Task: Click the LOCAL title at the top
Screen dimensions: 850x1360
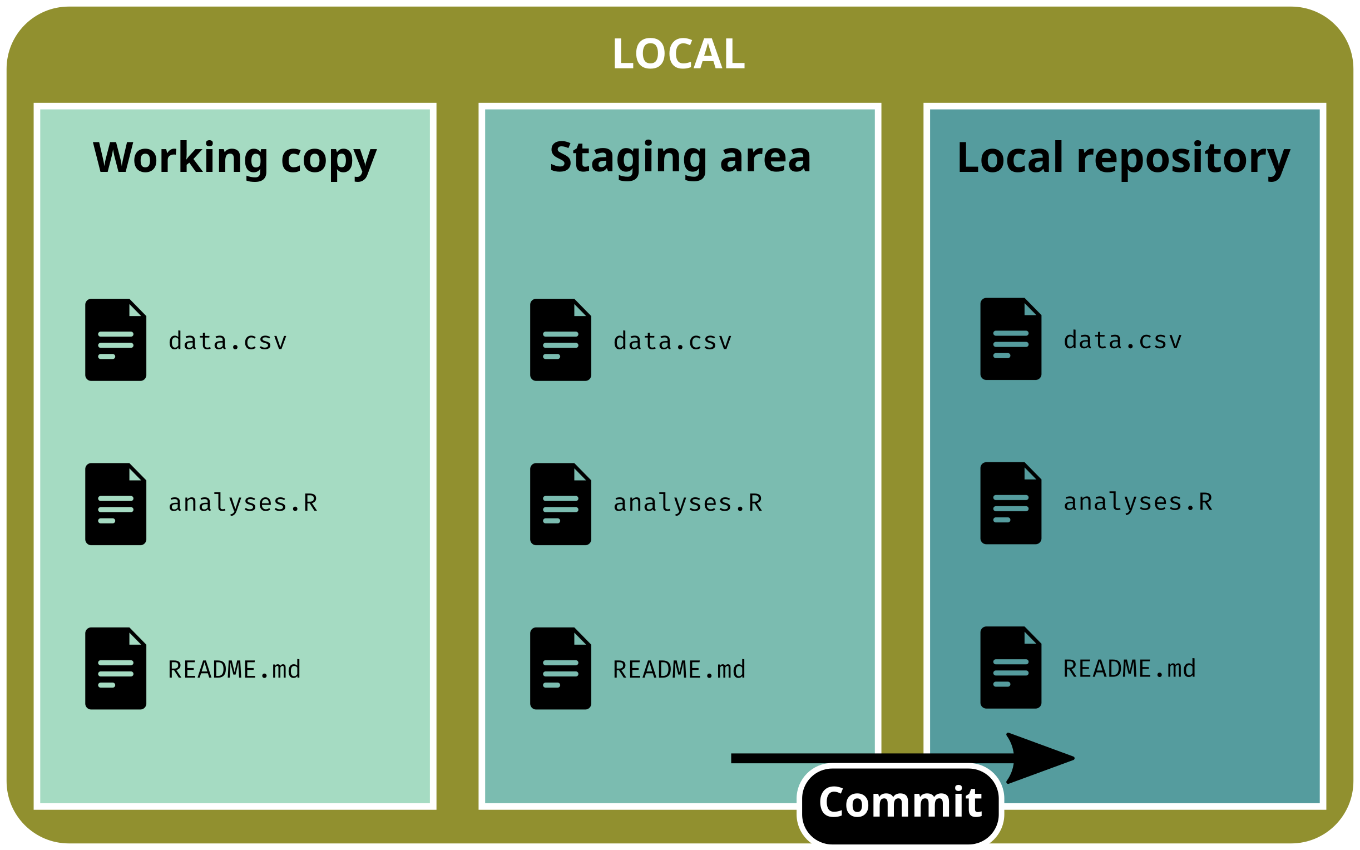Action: point(679,54)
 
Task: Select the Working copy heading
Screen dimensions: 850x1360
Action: point(234,158)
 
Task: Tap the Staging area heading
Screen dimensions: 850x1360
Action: point(680,158)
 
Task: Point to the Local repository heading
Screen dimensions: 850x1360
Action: point(1124,158)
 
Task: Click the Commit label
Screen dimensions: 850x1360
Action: point(901,802)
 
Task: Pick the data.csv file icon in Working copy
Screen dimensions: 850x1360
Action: point(116,339)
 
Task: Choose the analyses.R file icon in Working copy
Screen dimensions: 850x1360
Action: point(116,503)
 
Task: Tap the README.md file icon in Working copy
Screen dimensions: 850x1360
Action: point(116,668)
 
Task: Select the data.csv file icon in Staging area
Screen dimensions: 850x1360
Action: point(560,339)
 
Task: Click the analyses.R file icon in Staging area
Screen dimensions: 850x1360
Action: point(560,503)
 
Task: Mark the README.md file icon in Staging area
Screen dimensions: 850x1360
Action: point(560,668)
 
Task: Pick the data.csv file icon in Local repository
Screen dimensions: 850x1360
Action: point(1011,338)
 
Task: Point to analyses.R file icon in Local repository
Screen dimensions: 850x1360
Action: point(1011,502)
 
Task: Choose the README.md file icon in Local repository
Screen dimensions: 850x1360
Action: point(1011,667)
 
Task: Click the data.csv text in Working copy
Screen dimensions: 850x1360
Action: point(228,341)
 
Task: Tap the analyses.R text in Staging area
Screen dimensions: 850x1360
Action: point(688,503)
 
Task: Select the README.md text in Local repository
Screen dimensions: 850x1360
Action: point(1130,669)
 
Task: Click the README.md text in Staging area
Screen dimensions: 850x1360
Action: point(679,670)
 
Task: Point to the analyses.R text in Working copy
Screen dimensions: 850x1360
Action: point(243,503)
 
